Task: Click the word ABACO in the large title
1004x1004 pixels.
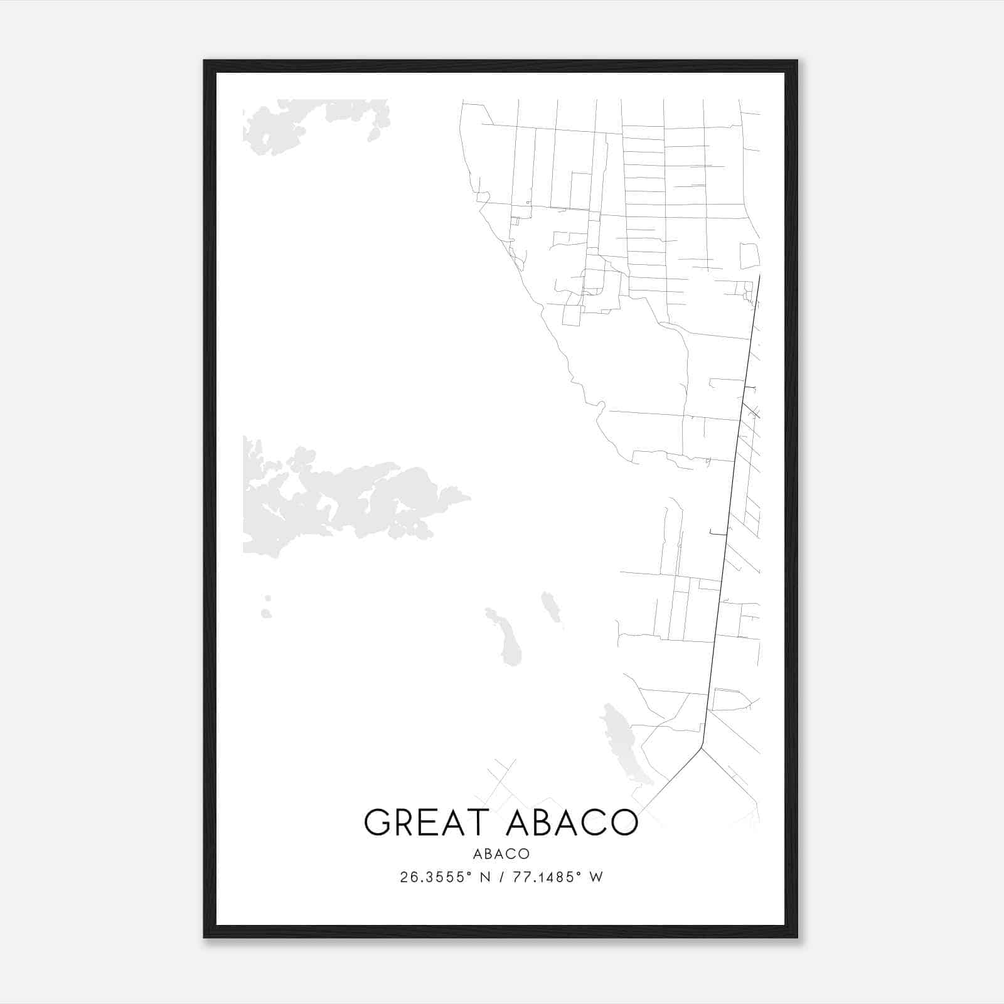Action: [571, 823]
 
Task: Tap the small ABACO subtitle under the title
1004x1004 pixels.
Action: [501, 854]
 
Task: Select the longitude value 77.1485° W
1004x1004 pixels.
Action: [558, 877]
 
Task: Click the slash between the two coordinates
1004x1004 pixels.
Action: [501, 877]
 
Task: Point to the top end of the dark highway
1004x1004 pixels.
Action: [760, 276]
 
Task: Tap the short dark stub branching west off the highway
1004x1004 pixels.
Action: [717, 534]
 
